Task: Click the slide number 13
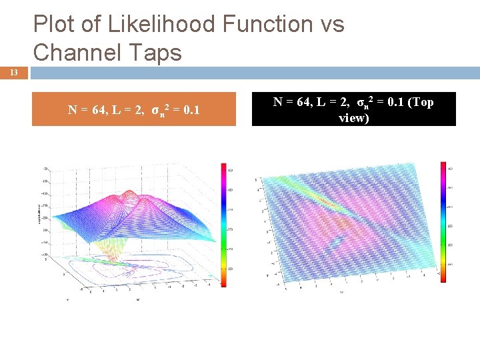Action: click(x=14, y=73)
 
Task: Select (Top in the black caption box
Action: click(x=419, y=103)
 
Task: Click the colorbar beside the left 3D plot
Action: click(x=223, y=227)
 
